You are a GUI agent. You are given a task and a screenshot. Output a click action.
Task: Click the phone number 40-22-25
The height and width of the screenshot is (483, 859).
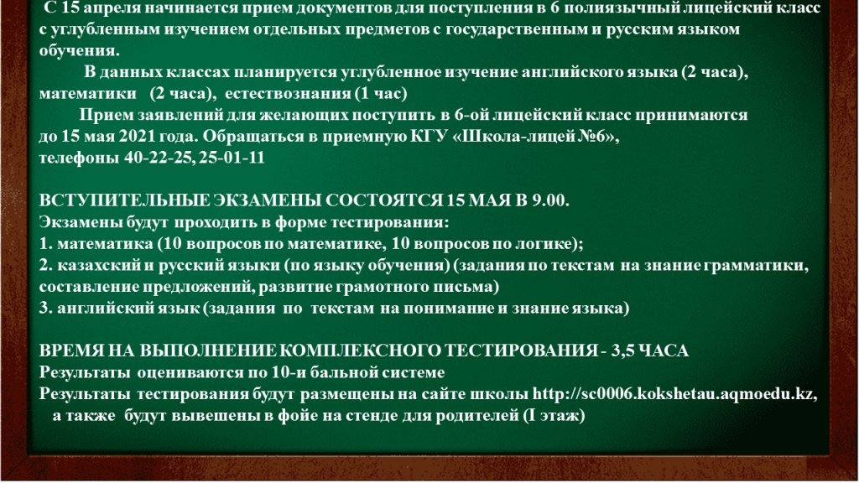pyautogui.click(x=159, y=158)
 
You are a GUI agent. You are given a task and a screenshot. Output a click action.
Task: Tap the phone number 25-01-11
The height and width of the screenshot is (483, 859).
pyautogui.click(x=232, y=158)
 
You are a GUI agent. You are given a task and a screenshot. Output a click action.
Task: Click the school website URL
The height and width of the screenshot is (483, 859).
pyautogui.click(x=673, y=394)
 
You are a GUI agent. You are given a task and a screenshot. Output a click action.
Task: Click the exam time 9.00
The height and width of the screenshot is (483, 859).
pyautogui.click(x=550, y=200)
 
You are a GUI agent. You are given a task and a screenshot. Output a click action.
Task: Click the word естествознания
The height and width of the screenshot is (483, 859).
pyautogui.click(x=287, y=94)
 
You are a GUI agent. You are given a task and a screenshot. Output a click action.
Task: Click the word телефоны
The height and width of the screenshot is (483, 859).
pyautogui.click(x=79, y=158)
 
